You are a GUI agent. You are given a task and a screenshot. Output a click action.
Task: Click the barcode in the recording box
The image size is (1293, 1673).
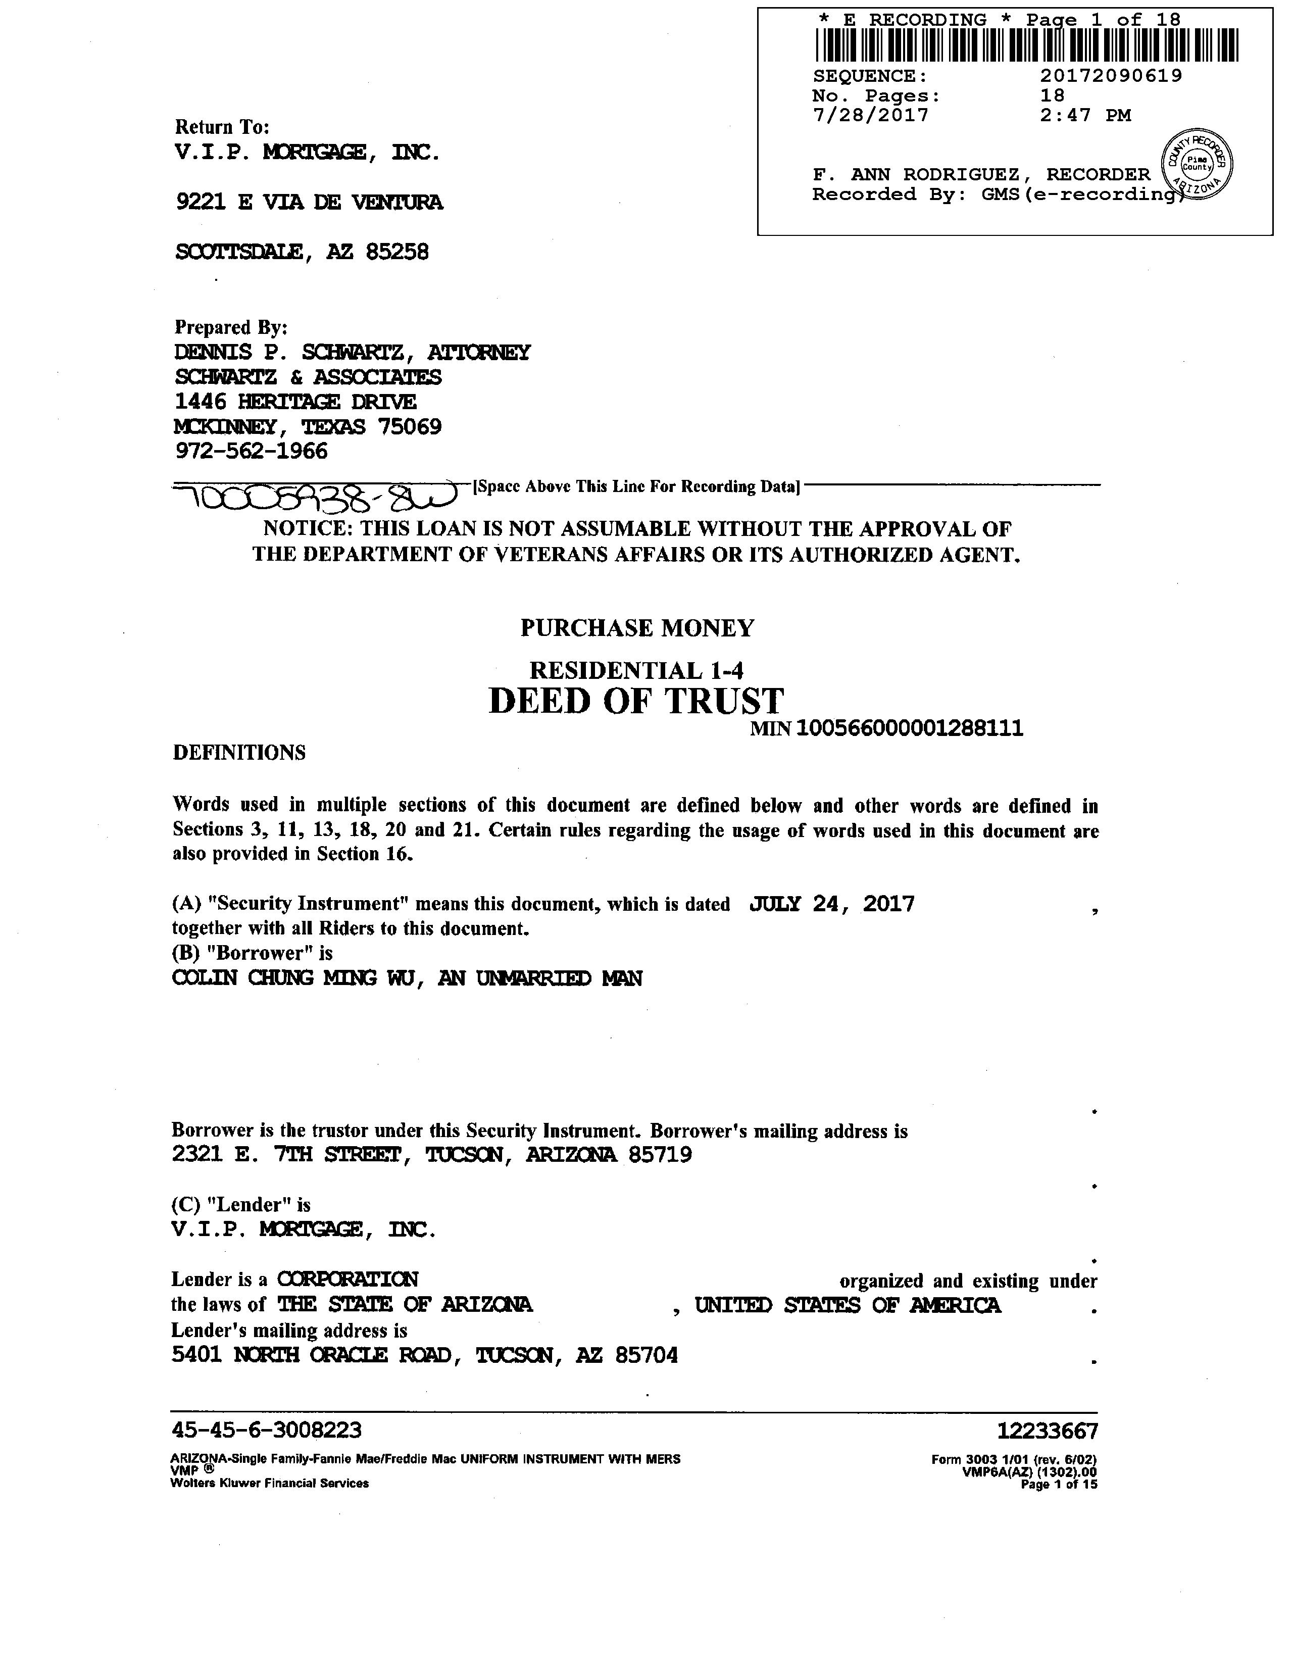click(x=1026, y=45)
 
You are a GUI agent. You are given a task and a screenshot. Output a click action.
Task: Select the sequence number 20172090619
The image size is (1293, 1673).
click(x=1111, y=76)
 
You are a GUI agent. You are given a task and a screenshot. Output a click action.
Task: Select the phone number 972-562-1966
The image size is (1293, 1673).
click(x=251, y=451)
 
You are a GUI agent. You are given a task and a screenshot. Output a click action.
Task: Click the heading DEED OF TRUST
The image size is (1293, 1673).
click(x=636, y=701)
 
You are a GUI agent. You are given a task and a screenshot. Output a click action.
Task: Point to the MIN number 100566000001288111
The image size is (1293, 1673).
click(x=909, y=728)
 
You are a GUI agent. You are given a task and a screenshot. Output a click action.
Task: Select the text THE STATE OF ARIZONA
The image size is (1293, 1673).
click(x=405, y=1305)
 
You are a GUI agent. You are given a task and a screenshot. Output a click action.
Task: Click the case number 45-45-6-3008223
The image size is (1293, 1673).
click(x=267, y=1430)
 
